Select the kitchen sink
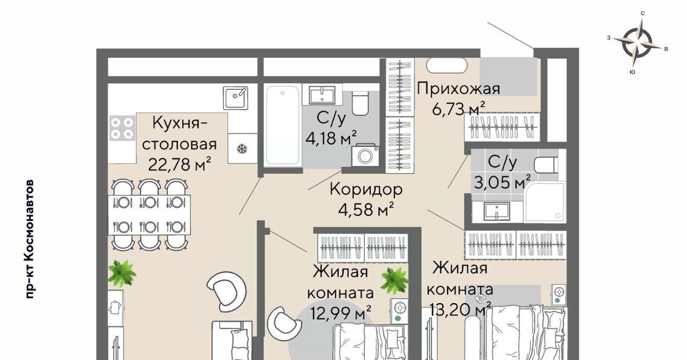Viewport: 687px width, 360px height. [235, 98]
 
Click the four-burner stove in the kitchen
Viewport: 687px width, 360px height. [122, 128]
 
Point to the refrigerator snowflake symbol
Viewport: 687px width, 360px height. [242, 149]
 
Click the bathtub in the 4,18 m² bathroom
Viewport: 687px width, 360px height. [282, 126]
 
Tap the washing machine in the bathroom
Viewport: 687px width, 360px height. [365, 156]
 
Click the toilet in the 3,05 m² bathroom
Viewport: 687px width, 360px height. [546, 165]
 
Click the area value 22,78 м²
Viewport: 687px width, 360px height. [179, 164]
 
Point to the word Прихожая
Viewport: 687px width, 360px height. [458, 89]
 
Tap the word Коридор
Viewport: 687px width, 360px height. [366, 189]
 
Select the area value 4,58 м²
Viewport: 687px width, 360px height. [366, 209]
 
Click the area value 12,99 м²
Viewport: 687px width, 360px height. [340, 313]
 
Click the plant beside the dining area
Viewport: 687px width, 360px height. [122, 274]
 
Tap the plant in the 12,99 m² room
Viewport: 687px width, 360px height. [394, 281]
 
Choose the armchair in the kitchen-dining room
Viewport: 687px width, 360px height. [226, 291]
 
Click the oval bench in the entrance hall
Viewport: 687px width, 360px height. [447, 65]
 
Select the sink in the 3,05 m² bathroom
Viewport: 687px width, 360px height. [497, 211]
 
